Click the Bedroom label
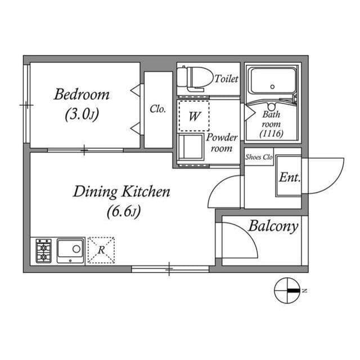point(82,94)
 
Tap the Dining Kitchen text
point(121,192)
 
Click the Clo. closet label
point(158,110)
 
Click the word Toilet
point(226,79)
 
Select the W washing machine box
point(193,116)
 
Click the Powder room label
point(222,143)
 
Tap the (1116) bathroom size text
point(271,134)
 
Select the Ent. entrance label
point(290,177)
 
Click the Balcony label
point(273,227)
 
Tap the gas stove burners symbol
point(44,251)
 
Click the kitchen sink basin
point(70,250)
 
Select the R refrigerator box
point(101,250)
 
